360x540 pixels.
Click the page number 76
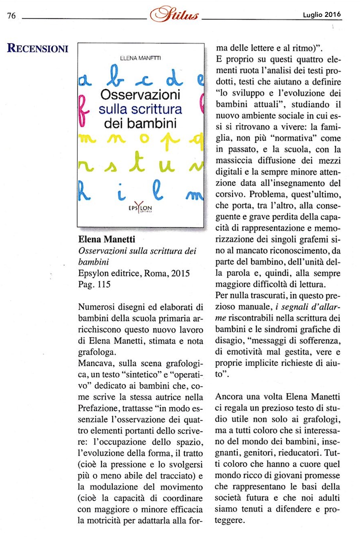coord(12,16)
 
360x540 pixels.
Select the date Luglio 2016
coord(322,15)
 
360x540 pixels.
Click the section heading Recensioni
coord(38,48)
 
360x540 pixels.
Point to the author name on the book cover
coord(140,57)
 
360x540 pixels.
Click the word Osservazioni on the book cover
coord(140,95)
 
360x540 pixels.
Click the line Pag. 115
coord(94,285)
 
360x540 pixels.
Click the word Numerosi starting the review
coord(95,308)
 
